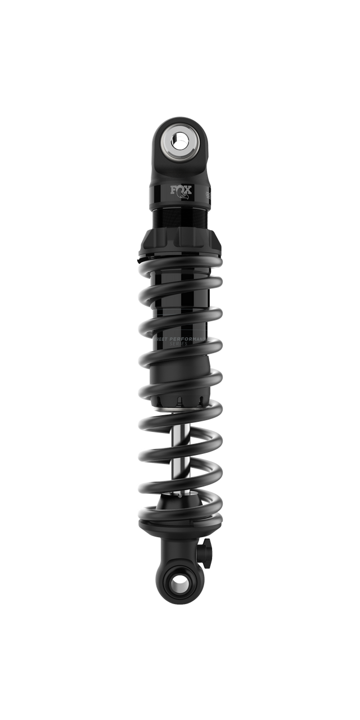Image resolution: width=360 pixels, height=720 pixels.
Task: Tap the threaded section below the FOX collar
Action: (x=180, y=219)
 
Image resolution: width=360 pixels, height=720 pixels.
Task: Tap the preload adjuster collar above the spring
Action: (x=180, y=242)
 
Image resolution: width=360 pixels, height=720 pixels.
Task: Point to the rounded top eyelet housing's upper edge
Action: (x=180, y=118)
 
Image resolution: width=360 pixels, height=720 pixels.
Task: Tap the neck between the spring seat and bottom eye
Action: (x=180, y=548)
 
